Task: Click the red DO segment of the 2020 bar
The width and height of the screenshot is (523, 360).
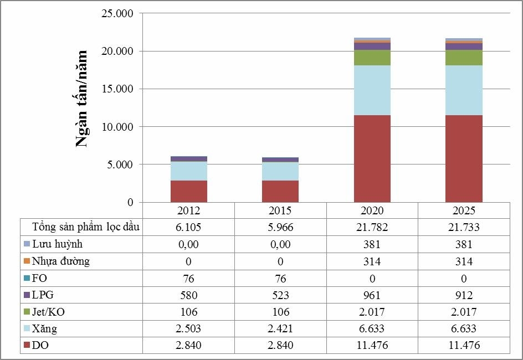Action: click(372, 158)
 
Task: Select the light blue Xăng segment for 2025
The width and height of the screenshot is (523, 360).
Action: click(464, 90)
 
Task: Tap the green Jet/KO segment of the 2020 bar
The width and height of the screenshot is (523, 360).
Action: click(372, 58)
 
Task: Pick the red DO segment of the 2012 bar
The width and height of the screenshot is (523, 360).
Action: click(188, 191)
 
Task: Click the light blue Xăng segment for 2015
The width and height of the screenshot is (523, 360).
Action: click(280, 171)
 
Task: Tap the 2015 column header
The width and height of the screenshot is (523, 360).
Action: click(280, 211)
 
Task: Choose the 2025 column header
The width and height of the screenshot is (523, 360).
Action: click(464, 211)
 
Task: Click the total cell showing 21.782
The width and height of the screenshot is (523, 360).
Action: click(372, 227)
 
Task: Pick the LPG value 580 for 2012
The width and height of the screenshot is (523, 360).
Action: click(188, 295)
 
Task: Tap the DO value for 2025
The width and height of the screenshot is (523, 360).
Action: click(464, 346)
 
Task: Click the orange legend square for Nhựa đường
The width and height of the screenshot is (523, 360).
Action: click(27, 261)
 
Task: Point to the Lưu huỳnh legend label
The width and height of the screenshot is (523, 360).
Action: click(58, 244)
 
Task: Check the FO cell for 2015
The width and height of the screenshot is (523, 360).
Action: click(280, 278)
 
